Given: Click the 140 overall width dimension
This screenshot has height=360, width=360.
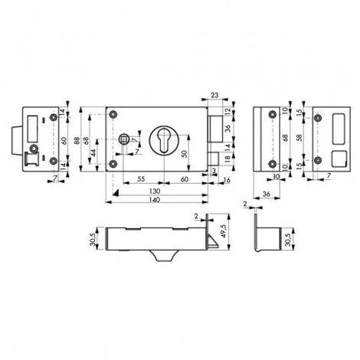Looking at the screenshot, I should [155, 198].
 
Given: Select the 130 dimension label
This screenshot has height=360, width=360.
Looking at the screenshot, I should [155, 189].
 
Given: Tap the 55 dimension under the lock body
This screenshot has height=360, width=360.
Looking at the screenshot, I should [142, 178].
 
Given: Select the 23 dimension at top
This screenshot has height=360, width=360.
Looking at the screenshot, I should [213, 95].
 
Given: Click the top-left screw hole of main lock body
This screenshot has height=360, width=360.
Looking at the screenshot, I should [113, 113].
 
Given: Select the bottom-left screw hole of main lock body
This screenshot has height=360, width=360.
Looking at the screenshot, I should [113, 164].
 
